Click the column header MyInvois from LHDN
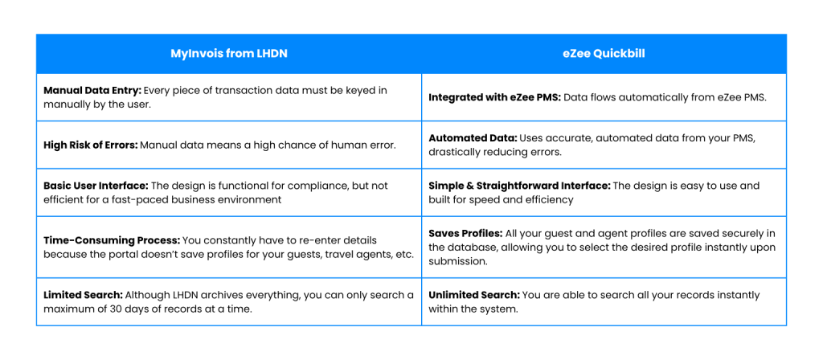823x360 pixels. pyautogui.click(x=229, y=54)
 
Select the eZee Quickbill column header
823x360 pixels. pyautogui.click(x=604, y=54)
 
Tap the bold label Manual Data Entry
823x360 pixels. pyautogui.click(x=92, y=90)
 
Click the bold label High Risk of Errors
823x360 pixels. pyautogui.click(x=91, y=145)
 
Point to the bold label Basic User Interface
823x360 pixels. pyautogui.click(x=96, y=186)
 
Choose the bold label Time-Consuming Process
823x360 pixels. pyautogui.click(x=112, y=240)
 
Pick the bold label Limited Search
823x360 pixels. pyautogui.click(x=83, y=295)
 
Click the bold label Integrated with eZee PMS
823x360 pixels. pyautogui.click(x=495, y=97)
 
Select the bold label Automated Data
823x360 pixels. pyautogui.click(x=473, y=138)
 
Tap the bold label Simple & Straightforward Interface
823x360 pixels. pyautogui.click(x=519, y=186)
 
